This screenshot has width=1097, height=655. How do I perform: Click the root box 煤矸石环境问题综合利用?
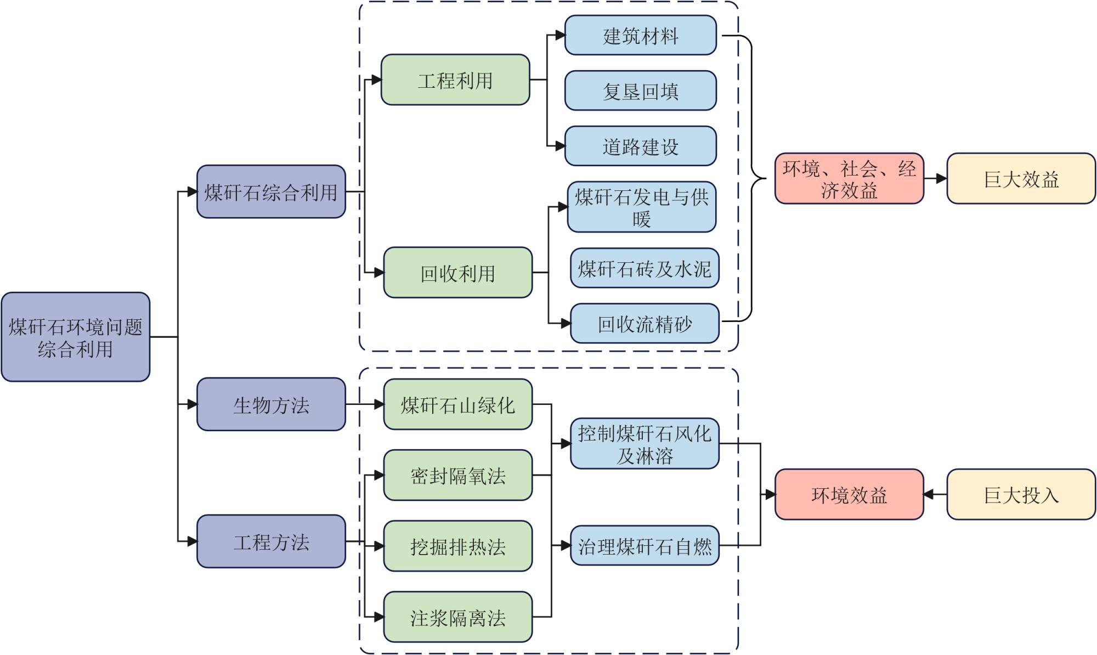(x=76, y=337)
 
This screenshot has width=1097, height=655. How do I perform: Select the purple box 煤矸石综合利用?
(x=271, y=191)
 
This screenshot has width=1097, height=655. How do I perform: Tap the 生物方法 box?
(x=271, y=404)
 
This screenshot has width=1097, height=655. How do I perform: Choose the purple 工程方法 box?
(x=271, y=541)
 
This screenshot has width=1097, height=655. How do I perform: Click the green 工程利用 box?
(x=455, y=80)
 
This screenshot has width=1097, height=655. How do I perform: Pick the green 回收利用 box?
(x=458, y=273)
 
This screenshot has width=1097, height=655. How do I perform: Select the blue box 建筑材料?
(x=641, y=36)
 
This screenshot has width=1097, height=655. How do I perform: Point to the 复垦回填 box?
(x=641, y=91)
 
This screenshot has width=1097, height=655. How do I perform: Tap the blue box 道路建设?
(x=641, y=146)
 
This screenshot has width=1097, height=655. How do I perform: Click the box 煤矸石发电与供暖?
(x=642, y=207)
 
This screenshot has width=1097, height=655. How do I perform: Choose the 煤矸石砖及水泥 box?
(x=644, y=268)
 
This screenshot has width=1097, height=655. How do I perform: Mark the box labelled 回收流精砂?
(x=644, y=324)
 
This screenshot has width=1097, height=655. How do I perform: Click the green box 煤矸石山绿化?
(x=458, y=404)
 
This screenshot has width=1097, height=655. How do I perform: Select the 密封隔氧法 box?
(x=458, y=475)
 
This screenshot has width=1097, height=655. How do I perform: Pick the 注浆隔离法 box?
(x=458, y=617)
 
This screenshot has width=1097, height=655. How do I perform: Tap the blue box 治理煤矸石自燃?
(x=644, y=545)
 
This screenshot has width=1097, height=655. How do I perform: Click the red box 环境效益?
(x=849, y=494)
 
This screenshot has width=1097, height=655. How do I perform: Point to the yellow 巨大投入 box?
(x=1021, y=494)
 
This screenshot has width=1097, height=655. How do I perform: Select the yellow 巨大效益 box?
(x=1021, y=179)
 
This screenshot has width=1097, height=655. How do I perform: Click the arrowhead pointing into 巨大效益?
(x=941, y=179)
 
